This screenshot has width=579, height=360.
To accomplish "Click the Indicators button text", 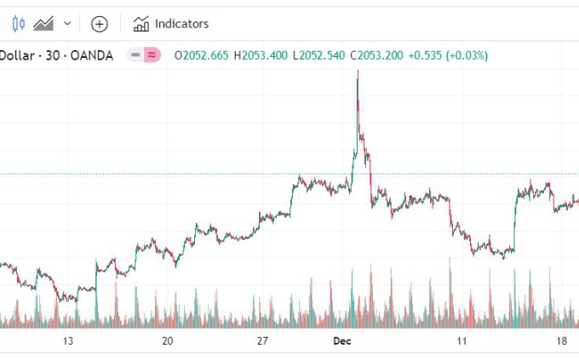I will click(181, 24).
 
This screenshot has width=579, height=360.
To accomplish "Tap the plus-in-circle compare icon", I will click(100, 24).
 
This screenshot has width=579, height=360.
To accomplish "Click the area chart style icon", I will click(43, 24).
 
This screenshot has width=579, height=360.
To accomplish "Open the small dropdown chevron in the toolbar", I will click(67, 24).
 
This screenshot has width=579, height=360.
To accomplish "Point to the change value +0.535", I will click(427, 55).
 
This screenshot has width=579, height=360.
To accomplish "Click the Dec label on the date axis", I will click(341, 341).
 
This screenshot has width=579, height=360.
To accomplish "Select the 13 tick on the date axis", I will click(69, 341).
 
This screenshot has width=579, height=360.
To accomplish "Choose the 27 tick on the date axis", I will click(263, 341).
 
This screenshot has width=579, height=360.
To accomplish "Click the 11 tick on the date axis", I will click(461, 341).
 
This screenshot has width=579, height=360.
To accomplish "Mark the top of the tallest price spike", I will click(358, 71).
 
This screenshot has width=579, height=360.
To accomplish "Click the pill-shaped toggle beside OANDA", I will click(144, 55).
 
